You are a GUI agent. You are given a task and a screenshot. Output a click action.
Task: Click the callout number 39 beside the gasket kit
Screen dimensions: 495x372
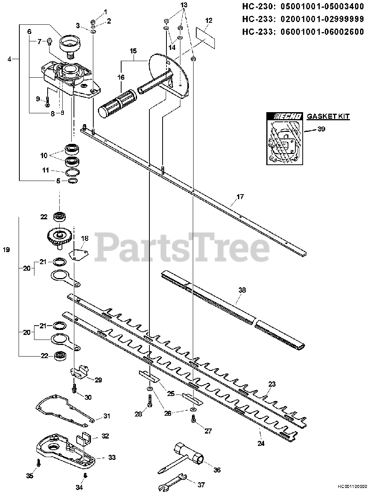321,129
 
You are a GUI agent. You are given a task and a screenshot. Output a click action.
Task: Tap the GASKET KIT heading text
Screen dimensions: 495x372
328,116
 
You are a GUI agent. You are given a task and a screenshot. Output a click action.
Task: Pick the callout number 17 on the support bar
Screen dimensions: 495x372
240,197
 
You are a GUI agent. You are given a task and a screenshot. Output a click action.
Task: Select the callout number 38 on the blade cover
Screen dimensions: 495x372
242,290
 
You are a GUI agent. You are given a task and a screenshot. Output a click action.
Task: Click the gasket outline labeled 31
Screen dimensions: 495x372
66,410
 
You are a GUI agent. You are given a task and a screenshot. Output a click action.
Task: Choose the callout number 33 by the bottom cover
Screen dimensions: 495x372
112,457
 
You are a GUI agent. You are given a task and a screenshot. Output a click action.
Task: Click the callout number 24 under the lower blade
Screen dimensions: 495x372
261,444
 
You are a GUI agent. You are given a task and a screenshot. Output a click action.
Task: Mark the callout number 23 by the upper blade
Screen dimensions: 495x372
272,384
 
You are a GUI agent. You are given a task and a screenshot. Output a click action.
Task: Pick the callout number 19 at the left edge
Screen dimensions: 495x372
6,250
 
